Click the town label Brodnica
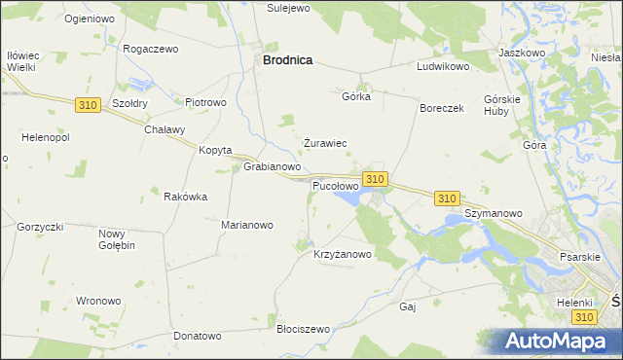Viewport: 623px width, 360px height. pyautogui.click(x=287, y=59)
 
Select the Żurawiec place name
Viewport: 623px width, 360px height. pyautogui.click(x=325, y=143)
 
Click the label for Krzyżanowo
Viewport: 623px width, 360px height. pyautogui.click(x=342, y=254)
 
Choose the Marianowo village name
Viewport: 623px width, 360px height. pyautogui.click(x=247, y=225)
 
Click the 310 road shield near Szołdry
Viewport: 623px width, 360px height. pyautogui.click(x=87, y=104)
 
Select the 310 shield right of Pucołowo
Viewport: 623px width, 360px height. pyautogui.click(x=375, y=179)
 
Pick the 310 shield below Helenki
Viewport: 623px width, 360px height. pyautogui.click(x=583, y=317)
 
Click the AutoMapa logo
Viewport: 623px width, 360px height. pyautogui.click(x=563, y=342)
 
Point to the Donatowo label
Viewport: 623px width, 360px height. pyautogui.click(x=198, y=336)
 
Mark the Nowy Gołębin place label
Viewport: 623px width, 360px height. pyautogui.click(x=117, y=239)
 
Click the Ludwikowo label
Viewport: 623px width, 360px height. pyautogui.click(x=443, y=67)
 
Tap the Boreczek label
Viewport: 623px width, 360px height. pyautogui.click(x=442, y=108)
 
